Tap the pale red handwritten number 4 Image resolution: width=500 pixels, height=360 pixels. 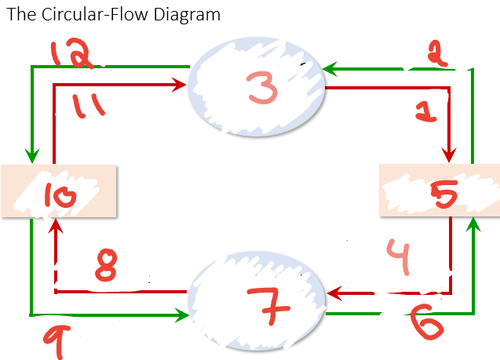[399, 259]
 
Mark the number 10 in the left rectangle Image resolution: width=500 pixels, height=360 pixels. [61, 195]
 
